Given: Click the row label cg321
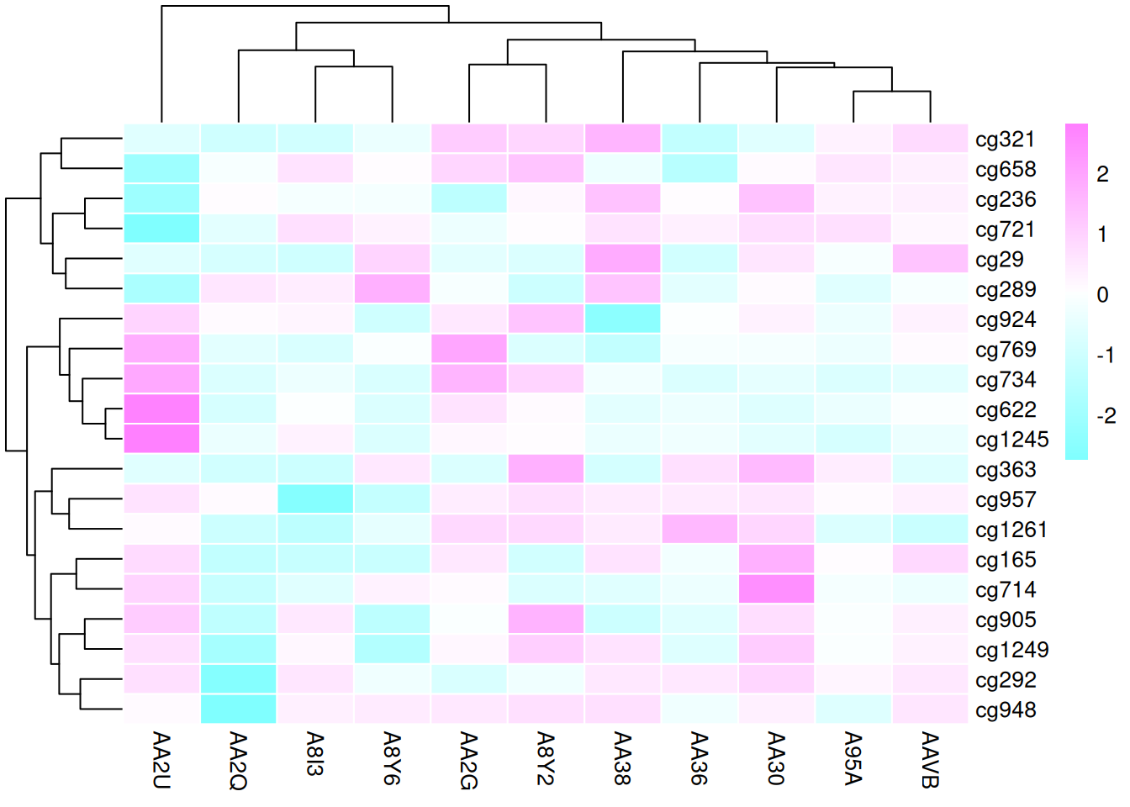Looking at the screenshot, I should point(1004,140).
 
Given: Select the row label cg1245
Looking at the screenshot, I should point(1011,440).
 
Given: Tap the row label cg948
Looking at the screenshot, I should point(1005,710).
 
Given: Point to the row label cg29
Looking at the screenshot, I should point(999,260).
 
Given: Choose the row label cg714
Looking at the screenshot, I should point(1005,590).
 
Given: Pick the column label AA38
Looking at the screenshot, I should point(623,757).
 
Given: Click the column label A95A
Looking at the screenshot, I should point(853,757).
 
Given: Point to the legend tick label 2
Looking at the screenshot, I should point(1102,174).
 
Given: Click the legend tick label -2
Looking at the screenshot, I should point(1106,416).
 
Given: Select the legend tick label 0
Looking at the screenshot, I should point(1102,295).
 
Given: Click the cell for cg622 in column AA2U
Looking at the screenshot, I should point(161,409).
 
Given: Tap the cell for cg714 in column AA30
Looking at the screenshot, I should point(777,589).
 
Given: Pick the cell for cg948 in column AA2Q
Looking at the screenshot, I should point(239,709).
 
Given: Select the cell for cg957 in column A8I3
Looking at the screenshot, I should point(315,499).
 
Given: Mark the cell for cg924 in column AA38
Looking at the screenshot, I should point(623,319).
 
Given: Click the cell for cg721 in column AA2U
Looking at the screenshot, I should point(161,229).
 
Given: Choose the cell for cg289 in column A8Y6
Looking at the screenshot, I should point(393,289).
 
